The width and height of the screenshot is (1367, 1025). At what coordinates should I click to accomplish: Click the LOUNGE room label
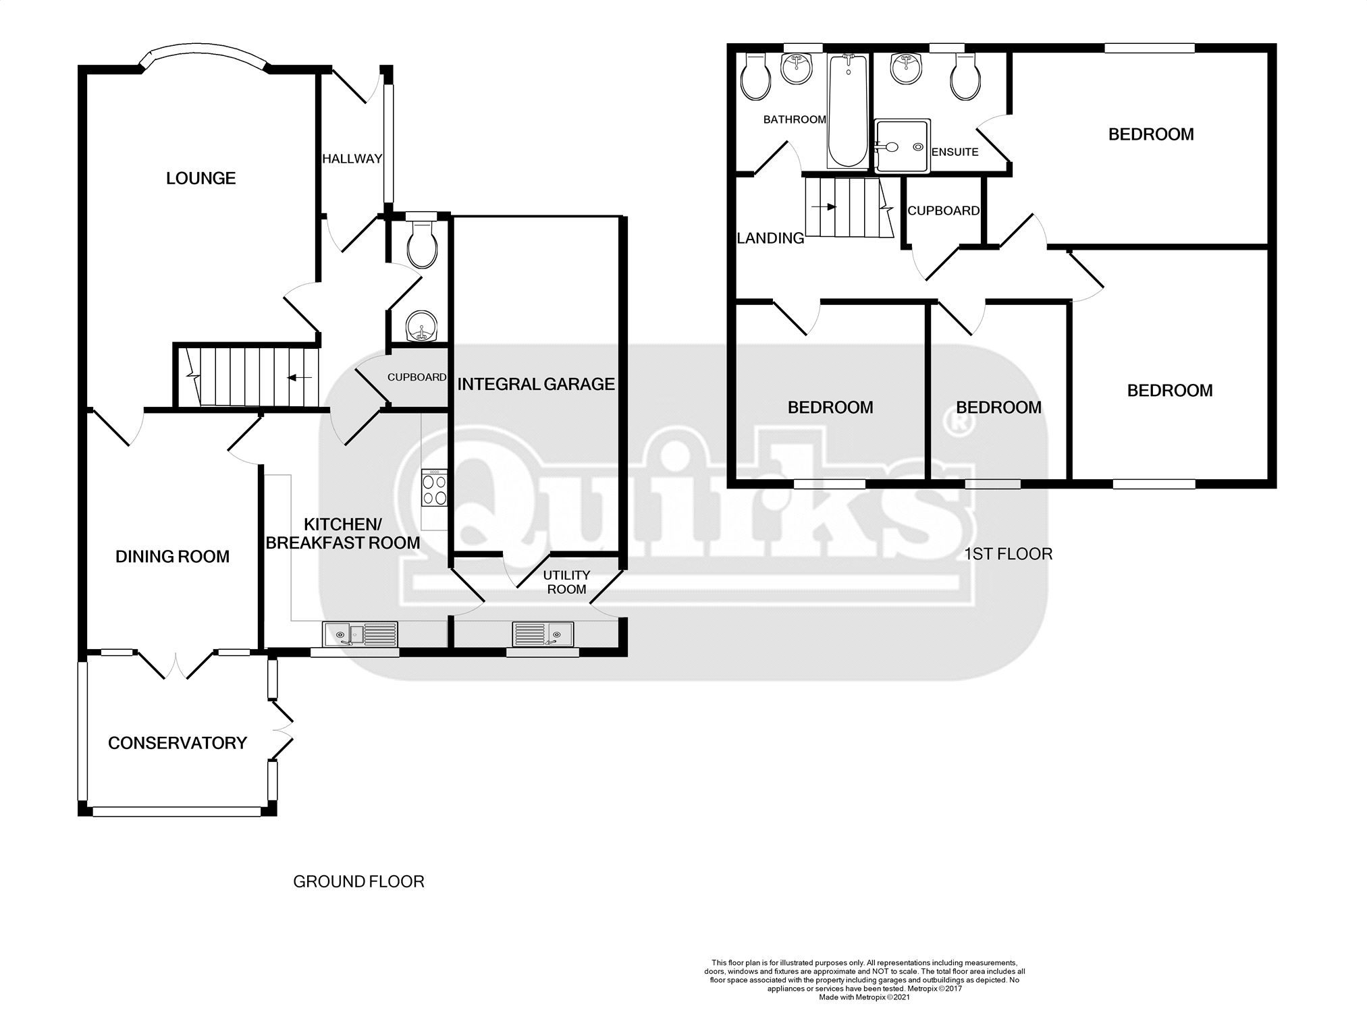coord(200,178)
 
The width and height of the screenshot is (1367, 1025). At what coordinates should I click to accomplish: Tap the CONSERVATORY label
coord(178,743)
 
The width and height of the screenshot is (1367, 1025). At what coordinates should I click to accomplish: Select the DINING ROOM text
coord(172,557)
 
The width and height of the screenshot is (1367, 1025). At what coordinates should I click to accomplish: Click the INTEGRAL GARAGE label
coord(536,385)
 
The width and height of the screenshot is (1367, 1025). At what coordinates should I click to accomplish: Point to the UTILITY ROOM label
coord(566,582)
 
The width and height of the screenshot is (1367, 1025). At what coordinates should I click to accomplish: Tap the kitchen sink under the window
coord(360,634)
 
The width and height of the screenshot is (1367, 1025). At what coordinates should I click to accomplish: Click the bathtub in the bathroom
coord(848,111)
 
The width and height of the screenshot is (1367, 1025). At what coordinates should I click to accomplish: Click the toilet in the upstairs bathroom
coord(755,80)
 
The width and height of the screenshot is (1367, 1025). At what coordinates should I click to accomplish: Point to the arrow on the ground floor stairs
coord(294,378)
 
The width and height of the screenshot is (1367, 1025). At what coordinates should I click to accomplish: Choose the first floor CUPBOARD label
coord(943,211)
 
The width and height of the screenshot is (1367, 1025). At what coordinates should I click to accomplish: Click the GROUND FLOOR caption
coord(358,881)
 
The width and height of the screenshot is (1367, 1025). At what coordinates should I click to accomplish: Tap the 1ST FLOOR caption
coord(1008,554)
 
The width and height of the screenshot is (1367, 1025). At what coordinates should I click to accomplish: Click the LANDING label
coord(770,238)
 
